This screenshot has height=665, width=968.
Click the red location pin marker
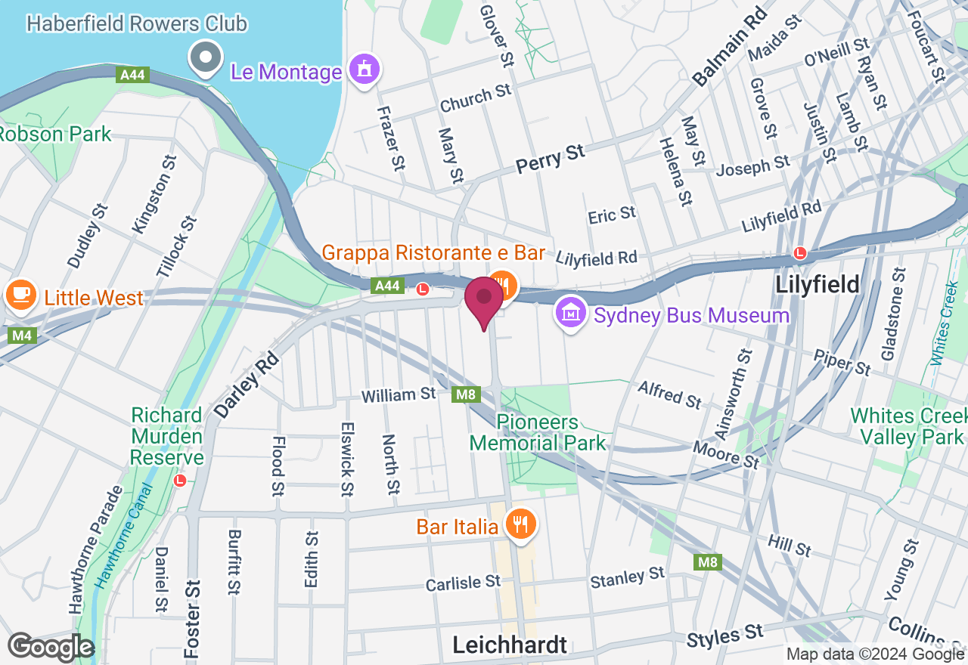pos(484,302)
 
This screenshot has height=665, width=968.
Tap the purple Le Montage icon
pos(365,71)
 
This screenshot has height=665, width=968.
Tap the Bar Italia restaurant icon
pos(520,524)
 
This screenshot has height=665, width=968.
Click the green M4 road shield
pos(23,336)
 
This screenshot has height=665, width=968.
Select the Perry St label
pos(551,159)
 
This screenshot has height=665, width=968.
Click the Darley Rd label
pos(246,386)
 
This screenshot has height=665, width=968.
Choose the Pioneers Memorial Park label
pos(538,432)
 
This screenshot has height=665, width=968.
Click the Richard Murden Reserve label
pos(167,437)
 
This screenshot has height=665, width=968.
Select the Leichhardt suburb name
pos(510,645)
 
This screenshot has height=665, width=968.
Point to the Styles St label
pos(725,635)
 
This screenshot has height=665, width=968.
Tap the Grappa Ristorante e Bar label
pos(433,253)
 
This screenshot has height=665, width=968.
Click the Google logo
pos(51,648)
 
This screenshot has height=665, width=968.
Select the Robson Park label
pos(54,135)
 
